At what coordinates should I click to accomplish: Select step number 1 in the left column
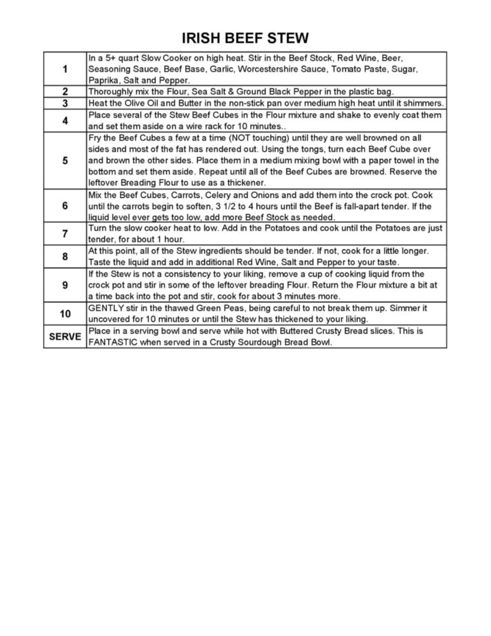(65, 69)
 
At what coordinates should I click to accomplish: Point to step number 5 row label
(65, 160)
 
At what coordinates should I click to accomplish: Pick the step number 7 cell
(65, 234)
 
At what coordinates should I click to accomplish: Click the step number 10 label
(65, 314)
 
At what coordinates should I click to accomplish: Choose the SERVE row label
(65, 337)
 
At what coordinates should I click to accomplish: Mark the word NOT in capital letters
(240, 138)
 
